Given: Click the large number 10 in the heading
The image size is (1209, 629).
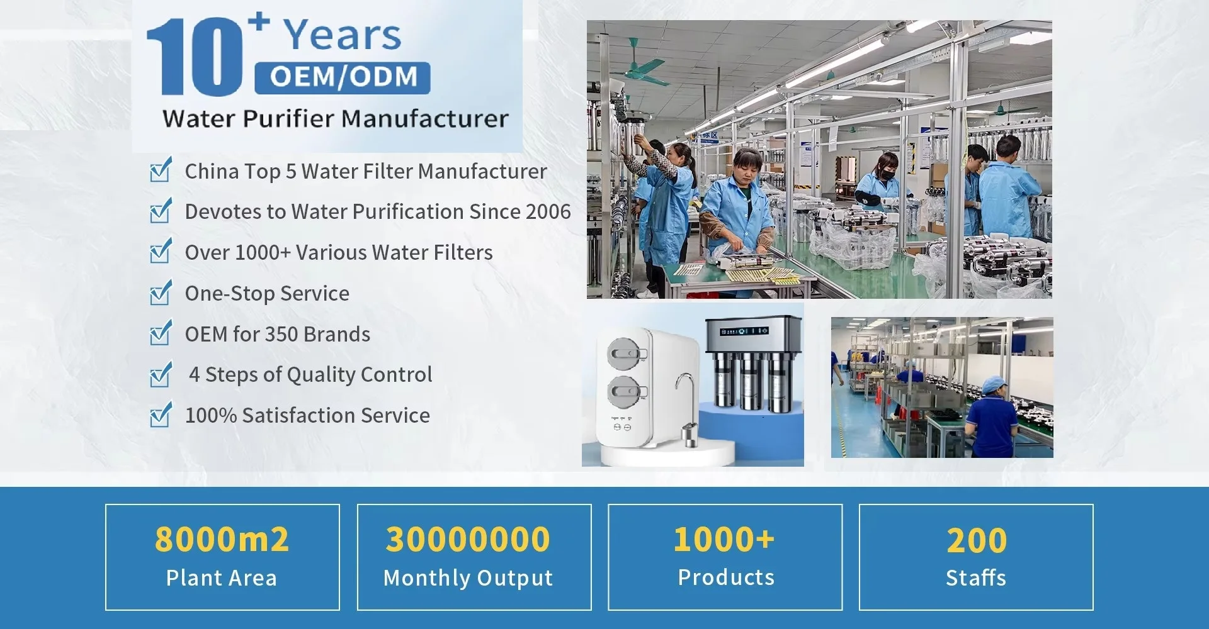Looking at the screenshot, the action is (x=194, y=57).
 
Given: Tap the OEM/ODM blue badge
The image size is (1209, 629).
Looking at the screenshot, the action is (x=343, y=77).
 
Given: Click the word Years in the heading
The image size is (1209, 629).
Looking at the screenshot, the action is (x=342, y=35).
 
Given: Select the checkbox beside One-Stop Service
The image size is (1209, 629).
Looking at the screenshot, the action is (x=161, y=292).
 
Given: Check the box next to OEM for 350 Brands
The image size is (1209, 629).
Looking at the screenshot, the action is (x=161, y=333).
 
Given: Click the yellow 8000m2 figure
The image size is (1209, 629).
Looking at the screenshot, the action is (x=222, y=539).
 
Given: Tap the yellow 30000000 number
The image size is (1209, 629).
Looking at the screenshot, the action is (x=468, y=539).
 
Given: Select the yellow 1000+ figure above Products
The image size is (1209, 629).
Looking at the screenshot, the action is (x=724, y=539).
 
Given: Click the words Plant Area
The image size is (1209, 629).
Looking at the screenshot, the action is (x=222, y=578).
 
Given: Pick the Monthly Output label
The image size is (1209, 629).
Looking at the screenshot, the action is (x=468, y=578).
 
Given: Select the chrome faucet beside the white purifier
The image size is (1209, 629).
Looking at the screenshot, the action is (x=687, y=409).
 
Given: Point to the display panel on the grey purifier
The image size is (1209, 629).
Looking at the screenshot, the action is (x=744, y=331).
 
